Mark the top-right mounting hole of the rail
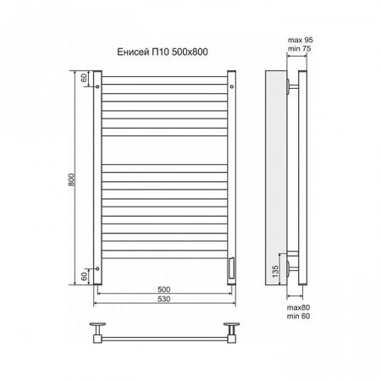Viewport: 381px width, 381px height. click(x=235, y=85)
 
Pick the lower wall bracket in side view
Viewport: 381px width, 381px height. click(x=292, y=268)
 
